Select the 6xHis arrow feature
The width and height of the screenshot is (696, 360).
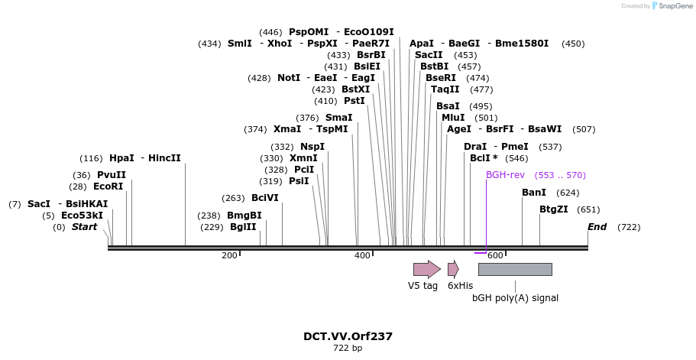click(x=453, y=269)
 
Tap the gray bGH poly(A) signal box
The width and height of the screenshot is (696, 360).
click(x=515, y=269)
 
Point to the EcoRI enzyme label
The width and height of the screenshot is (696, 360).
click(x=108, y=186)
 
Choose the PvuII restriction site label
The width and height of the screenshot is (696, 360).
click(x=112, y=175)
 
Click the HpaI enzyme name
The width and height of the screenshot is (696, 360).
click(x=121, y=158)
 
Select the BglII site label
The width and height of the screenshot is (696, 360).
click(x=243, y=227)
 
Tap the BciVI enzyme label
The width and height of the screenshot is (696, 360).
click(x=265, y=198)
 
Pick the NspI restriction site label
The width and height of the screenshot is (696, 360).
click(x=312, y=147)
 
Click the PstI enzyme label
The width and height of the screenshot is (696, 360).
click(x=354, y=101)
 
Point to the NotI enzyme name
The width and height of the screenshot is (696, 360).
click(x=289, y=78)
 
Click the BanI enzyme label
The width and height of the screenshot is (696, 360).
click(x=534, y=193)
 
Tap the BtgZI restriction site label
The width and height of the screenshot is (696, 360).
click(x=554, y=209)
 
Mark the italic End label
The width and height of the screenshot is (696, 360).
click(x=597, y=227)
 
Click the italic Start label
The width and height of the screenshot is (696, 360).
click(x=85, y=227)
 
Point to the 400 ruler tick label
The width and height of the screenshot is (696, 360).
click(x=362, y=255)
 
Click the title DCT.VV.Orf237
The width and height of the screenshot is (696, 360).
click(x=348, y=336)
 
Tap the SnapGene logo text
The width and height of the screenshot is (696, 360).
click(x=675, y=6)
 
